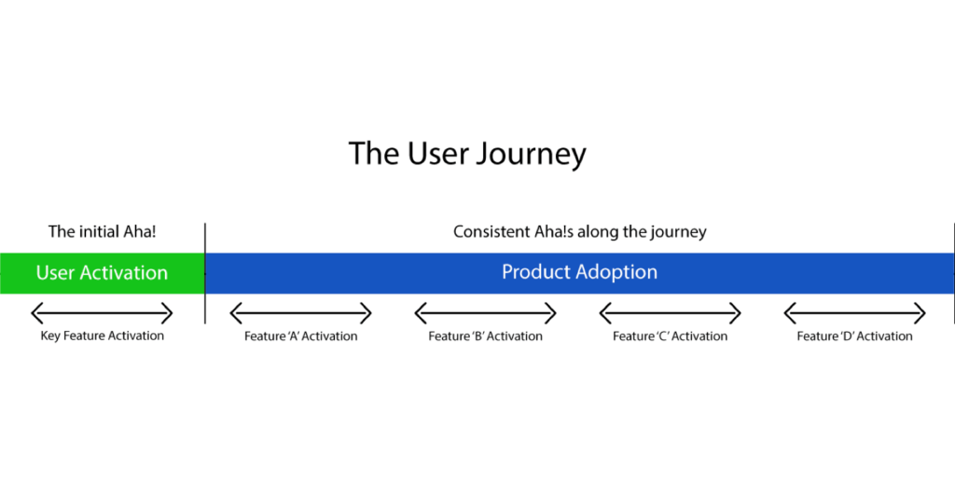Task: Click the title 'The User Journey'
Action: click(467, 153)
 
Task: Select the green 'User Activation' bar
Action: click(103, 273)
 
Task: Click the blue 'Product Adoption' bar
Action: click(580, 273)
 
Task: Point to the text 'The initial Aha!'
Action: click(103, 232)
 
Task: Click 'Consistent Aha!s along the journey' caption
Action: click(580, 232)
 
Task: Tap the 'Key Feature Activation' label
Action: click(103, 336)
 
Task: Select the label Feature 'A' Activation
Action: click(301, 336)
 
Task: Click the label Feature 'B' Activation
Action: click(485, 336)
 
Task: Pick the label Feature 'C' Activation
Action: click(670, 336)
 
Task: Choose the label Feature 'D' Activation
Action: click(854, 336)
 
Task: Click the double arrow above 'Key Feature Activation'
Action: click(102, 313)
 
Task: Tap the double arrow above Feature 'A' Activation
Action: click(301, 313)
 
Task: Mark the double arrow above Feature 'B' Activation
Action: click(485, 313)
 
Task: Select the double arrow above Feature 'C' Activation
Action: click(670, 313)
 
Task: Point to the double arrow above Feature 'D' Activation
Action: click(854, 313)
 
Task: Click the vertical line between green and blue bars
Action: click(205, 273)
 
